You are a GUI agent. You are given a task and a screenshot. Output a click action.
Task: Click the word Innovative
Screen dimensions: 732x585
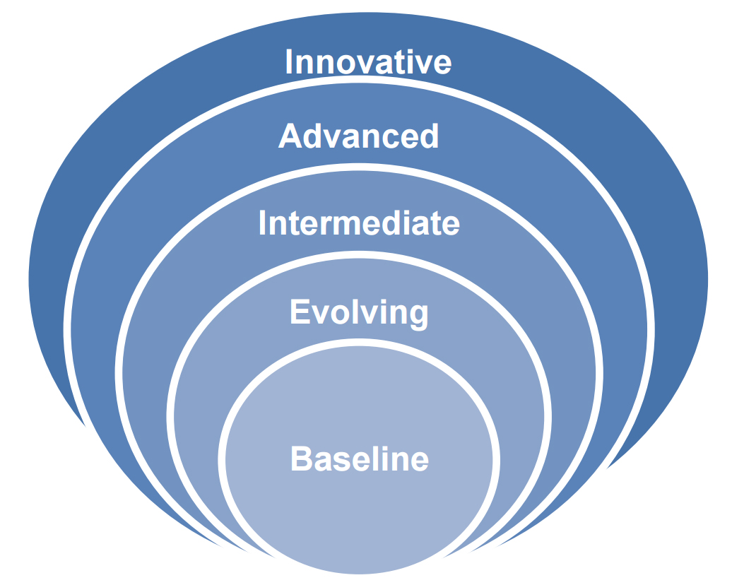(x=368, y=61)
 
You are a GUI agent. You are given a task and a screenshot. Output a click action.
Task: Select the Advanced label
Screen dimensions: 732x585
(x=358, y=136)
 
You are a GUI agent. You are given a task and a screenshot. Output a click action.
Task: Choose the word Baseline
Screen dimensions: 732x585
(x=360, y=459)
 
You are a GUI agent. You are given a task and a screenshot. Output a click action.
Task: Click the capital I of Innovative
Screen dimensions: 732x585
(x=288, y=61)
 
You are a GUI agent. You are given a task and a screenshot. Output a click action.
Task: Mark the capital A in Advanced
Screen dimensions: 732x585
(x=290, y=136)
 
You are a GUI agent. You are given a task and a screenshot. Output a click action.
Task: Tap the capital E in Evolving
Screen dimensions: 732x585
(x=300, y=312)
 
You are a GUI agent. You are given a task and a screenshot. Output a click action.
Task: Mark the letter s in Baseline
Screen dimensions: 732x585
(x=338, y=462)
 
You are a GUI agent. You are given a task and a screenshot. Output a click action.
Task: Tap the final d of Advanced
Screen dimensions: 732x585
(x=429, y=136)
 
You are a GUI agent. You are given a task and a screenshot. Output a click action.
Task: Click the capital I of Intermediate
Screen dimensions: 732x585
(x=262, y=223)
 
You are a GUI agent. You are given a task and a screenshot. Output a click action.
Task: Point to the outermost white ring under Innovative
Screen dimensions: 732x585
(x=359, y=79)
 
